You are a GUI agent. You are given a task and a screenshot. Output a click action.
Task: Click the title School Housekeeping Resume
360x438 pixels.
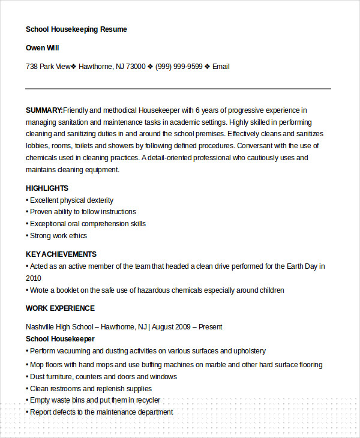pyautogui.click(x=76, y=29)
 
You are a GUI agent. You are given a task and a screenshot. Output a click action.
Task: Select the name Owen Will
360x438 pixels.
pyautogui.click(x=42, y=47)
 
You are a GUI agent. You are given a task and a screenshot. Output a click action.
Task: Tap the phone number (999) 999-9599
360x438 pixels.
pyautogui.click(x=179, y=67)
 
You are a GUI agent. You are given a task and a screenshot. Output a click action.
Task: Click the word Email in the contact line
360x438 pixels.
pyautogui.click(x=221, y=67)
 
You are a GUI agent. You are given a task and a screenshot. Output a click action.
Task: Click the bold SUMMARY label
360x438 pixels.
pyautogui.click(x=44, y=110)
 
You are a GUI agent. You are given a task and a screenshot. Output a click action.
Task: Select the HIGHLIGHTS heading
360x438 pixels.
pyautogui.click(x=47, y=188)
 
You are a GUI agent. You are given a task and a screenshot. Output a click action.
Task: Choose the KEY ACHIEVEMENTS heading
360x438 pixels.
pyautogui.click(x=61, y=254)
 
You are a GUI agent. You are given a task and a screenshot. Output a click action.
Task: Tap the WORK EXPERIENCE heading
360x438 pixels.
pyautogui.click(x=60, y=308)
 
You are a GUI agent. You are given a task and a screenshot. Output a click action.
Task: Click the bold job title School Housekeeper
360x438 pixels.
pyautogui.click(x=60, y=339)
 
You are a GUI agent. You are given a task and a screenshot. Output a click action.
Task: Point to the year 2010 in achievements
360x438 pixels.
pyautogui.click(x=34, y=278)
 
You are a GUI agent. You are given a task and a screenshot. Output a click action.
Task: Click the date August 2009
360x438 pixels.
pyautogui.click(x=171, y=327)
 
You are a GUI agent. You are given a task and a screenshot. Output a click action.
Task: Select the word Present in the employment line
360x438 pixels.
pyautogui.click(x=210, y=327)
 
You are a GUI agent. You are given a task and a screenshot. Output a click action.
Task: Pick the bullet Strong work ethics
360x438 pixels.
pyautogui.click(x=58, y=236)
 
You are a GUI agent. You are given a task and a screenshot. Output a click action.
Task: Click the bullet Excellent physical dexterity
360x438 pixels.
pyautogui.click(x=71, y=200)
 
